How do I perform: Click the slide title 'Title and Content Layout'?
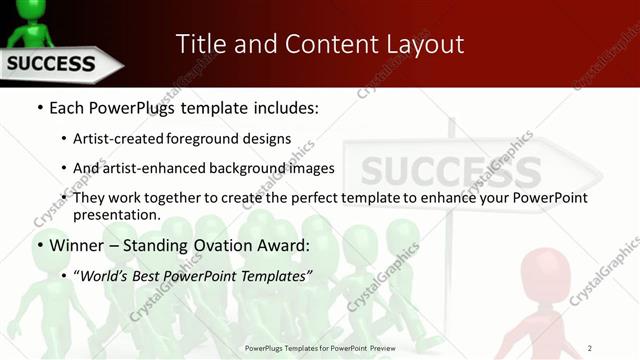319,44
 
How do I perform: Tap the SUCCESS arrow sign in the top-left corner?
55,65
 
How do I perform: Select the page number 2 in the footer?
589,348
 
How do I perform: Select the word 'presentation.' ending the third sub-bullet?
116,214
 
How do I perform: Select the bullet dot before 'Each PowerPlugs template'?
38,106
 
